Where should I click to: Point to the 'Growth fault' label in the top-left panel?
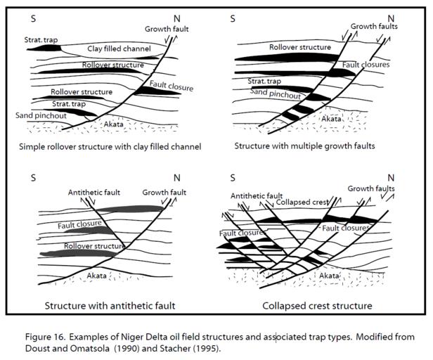[168, 29]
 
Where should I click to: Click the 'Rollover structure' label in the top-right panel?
[299, 47]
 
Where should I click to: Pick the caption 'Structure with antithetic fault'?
[110, 306]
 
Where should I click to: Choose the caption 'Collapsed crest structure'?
[317, 306]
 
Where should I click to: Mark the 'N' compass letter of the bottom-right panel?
[391, 176]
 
